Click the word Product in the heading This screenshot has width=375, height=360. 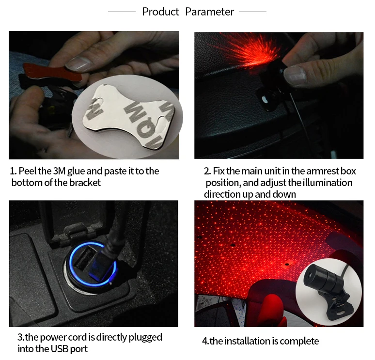click(160, 12)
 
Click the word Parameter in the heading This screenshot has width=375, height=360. click(209, 12)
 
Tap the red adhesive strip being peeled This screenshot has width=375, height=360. click(52, 72)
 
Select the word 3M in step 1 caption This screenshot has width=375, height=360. click(59, 171)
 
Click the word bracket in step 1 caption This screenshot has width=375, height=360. click(85, 183)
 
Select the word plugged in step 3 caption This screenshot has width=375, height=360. click(145, 338)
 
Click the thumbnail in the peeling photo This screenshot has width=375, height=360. click(78, 64)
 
